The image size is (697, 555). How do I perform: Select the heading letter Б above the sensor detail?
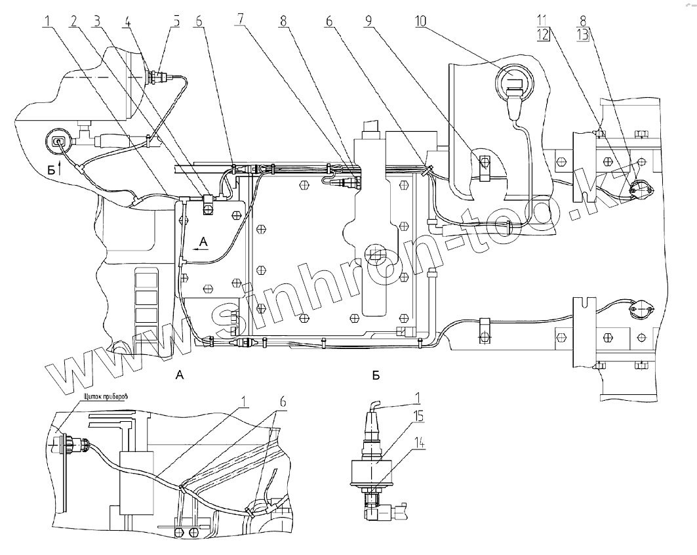376,375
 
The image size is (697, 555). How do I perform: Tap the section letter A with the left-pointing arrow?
203,243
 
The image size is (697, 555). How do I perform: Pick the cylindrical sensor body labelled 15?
372,469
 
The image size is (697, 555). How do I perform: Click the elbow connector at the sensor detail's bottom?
391,511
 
